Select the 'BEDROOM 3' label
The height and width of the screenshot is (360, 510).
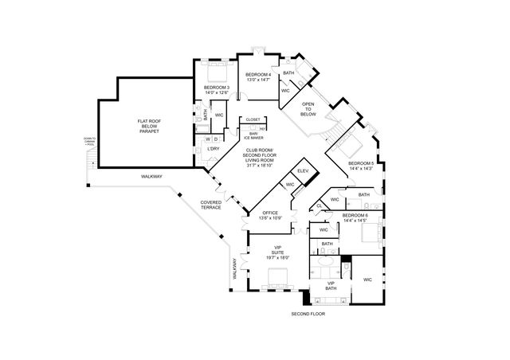point(216,90)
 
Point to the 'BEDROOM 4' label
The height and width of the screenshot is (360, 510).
point(259,77)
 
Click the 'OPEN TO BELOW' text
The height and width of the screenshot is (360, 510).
point(308,108)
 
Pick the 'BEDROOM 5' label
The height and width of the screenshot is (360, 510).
point(360,166)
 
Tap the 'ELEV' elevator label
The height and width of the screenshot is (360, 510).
point(304,171)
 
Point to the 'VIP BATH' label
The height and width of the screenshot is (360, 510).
point(330,285)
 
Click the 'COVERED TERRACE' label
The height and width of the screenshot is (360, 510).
point(211,205)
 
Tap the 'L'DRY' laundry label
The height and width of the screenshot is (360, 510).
point(213,149)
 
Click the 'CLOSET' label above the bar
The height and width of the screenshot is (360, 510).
point(253,119)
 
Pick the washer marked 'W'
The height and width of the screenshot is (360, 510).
point(206,139)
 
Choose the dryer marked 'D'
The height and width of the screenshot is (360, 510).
point(216,139)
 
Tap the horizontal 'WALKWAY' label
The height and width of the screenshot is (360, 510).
point(151,176)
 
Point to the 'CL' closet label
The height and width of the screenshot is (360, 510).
point(319,205)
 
